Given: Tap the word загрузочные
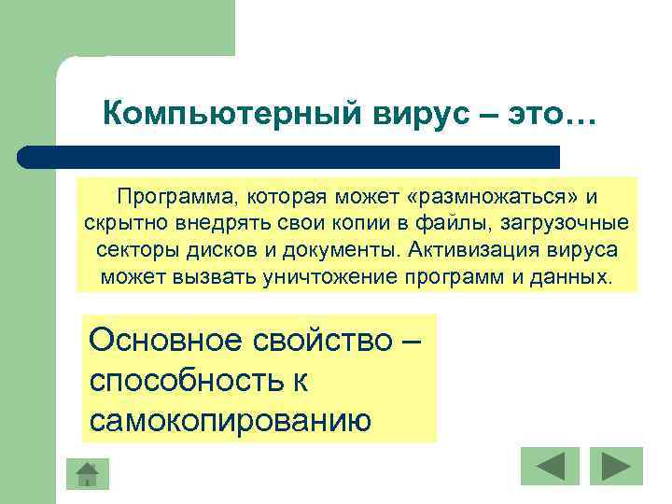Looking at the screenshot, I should (x=574, y=225).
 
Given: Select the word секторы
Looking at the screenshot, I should (x=131, y=251).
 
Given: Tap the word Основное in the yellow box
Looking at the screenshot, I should (x=160, y=341).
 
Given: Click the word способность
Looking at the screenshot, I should (x=188, y=381).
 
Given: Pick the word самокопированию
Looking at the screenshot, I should (x=231, y=421).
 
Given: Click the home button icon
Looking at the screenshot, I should (x=87, y=473).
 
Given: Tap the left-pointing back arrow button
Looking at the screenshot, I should (x=550, y=467).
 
